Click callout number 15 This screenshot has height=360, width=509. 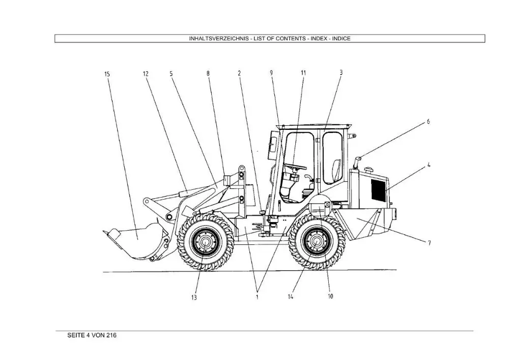point(107,74)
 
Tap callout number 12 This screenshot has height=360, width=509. point(146,74)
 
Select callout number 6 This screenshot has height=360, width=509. point(428,122)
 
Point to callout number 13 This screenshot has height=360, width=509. point(194,297)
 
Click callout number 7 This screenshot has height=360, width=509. point(429,243)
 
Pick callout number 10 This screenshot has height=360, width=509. point(330,296)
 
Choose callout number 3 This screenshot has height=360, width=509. point(341,73)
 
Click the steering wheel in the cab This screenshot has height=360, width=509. point(295,167)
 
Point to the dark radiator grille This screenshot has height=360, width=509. point(378,190)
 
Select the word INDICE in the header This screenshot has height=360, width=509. point(341,39)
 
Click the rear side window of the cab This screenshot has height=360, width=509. point(332,158)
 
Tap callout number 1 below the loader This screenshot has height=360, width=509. point(257,297)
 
